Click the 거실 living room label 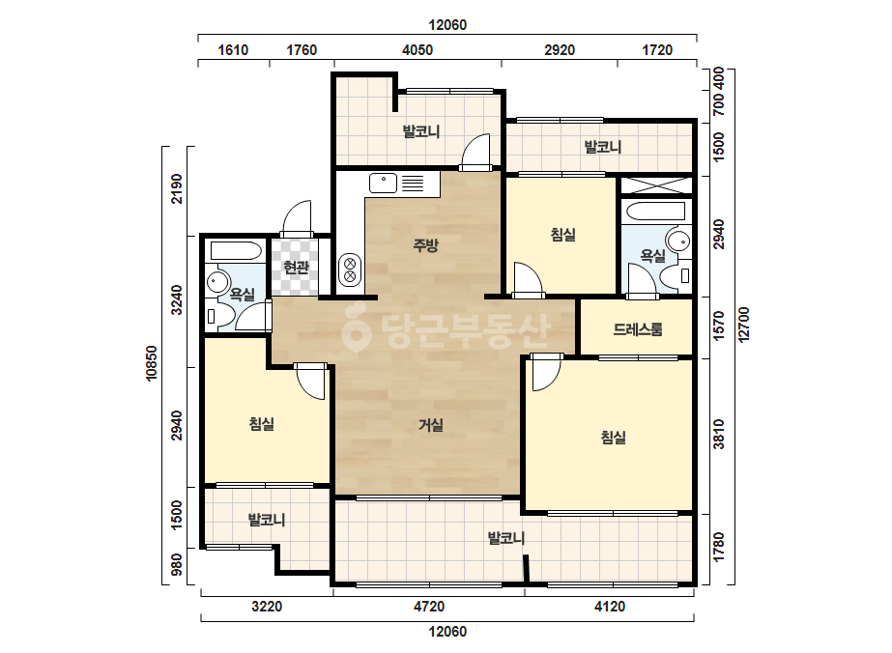pos(431,425)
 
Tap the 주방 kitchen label pos(425,245)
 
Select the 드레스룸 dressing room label pos(638,329)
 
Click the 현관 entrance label pos(296,268)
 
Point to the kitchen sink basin pos(384,184)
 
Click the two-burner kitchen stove pos(351,270)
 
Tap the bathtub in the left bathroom pos(236,251)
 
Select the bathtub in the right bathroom pos(655,211)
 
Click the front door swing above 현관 pos(297,218)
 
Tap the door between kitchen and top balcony pos(475,152)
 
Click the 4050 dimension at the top pos(417,50)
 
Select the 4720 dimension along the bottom pos(429,607)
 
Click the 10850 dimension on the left pos(152,363)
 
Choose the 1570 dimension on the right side pos(719,326)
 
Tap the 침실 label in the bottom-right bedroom pos(614,438)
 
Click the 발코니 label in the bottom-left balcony pos(267,520)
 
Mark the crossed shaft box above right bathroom pos(655,185)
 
